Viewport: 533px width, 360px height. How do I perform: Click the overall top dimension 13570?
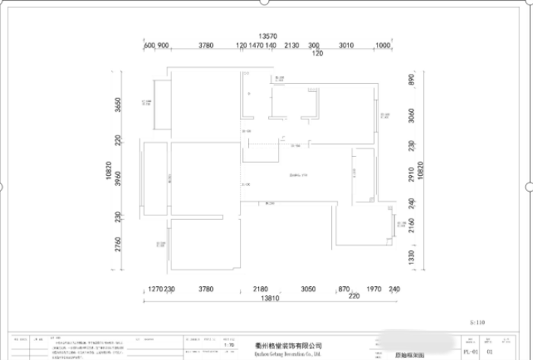coord(266,36)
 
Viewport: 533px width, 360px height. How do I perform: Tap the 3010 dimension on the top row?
coord(346,46)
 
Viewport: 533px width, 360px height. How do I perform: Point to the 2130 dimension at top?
coord(291,46)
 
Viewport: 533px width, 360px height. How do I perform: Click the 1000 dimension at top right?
coord(383,46)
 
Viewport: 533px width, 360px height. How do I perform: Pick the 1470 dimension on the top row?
coord(256,46)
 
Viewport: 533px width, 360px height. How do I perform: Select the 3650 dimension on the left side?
coord(118,105)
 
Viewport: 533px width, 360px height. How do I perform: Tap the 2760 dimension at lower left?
coord(118,245)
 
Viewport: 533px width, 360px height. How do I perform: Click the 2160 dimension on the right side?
coord(411,225)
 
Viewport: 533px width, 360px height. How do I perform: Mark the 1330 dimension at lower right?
coord(411,259)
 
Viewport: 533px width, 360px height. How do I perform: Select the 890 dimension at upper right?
coord(411,81)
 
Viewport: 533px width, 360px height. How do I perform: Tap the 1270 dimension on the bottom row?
coord(155,289)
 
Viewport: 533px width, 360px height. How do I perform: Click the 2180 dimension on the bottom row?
coord(261,289)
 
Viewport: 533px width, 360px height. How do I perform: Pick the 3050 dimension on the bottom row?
coord(308,289)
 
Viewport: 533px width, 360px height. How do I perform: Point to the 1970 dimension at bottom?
coord(373,289)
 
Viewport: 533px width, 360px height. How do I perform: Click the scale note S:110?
coord(477,323)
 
